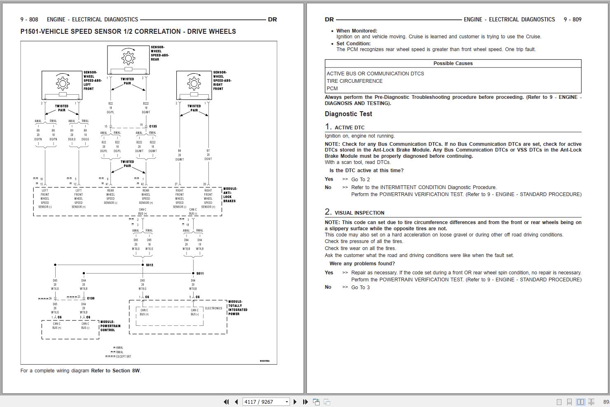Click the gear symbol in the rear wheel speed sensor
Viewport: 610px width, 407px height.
point(129,57)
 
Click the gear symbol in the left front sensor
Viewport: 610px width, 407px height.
point(63,83)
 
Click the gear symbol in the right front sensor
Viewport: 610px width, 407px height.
point(194,83)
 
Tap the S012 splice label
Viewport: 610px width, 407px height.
point(150,265)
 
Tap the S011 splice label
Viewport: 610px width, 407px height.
point(200,273)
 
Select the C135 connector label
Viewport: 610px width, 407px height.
point(153,126)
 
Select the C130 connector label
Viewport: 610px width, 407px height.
point(91,298)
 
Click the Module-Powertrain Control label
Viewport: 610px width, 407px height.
point(110,326)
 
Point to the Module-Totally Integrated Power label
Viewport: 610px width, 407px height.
point(238,308)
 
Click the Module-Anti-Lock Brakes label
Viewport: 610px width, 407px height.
point(230,195)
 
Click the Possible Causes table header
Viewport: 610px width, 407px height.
point(453,63)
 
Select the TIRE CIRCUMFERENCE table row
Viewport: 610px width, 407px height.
point(355,81)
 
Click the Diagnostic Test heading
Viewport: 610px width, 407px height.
point(348,114)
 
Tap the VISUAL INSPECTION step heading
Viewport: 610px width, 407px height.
point(359,213)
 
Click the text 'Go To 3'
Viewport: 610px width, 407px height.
point(360,288)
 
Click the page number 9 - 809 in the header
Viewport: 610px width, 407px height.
point(573,19)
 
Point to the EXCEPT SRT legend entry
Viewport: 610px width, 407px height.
point(123,356)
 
